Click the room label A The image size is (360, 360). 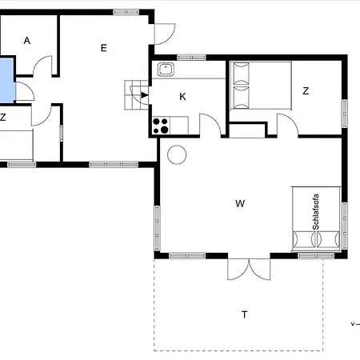27,41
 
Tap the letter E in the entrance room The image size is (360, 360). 104,48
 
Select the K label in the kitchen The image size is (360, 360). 182,97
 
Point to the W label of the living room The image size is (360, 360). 240,204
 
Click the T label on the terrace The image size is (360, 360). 245,314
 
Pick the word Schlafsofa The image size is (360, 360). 316,212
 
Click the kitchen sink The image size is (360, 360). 166,70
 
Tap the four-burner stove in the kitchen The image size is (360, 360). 161,126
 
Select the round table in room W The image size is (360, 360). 177,154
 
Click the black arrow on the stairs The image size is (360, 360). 145,95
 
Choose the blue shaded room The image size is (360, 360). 7,80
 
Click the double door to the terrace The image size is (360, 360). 249,269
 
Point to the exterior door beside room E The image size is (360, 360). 165,34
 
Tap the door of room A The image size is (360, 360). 42,66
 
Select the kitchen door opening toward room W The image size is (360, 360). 210,125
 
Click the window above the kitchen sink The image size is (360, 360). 191,57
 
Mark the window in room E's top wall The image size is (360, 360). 126,12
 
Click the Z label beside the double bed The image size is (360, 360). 306,91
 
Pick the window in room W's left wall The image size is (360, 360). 158,228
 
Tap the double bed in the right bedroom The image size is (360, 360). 261,86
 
